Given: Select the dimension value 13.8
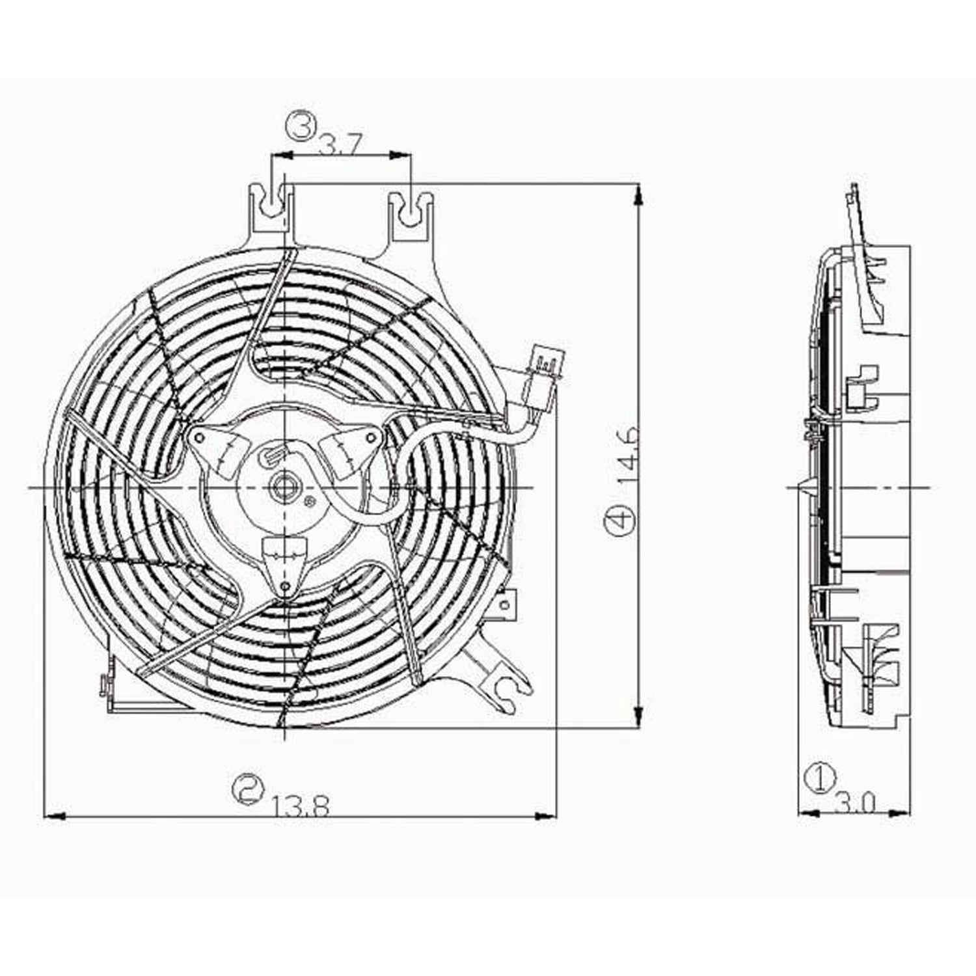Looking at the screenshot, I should click(x=301, y=807).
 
